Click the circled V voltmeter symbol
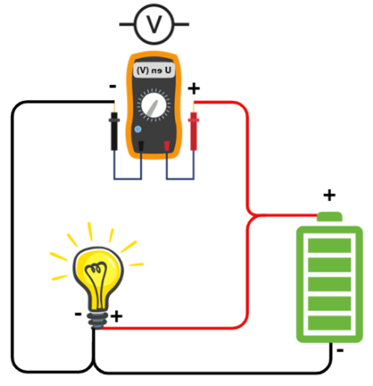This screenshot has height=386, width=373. (154, 24)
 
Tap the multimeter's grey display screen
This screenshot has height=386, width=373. (154, 70)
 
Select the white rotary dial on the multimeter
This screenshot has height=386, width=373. (154, 105)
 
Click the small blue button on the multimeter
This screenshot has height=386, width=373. (138, 129)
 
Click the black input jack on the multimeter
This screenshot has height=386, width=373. (141, 146)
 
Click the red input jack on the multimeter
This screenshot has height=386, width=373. (167, 146)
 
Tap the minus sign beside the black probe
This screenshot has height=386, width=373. (113, 87)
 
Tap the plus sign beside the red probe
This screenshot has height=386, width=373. (194, 89)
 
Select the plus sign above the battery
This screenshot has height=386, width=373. (330, 195)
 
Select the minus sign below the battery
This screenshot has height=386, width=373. (340, 351)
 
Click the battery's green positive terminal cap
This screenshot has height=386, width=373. (330, 217)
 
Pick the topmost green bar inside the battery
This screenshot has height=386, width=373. (330, 246)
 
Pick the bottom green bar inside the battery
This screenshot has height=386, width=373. (330, 323)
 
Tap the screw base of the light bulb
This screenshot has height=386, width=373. (97, 321)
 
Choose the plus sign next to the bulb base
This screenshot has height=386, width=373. (117, 317)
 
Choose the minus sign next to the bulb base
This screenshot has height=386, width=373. (78, 314)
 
